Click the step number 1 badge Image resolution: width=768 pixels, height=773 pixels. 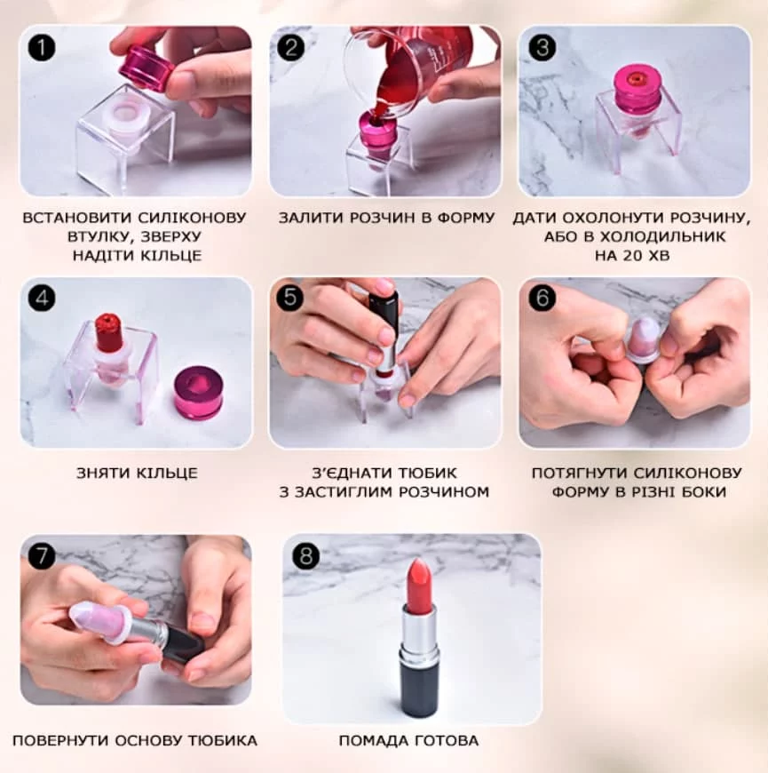pyautogui.click(x=42, y=47)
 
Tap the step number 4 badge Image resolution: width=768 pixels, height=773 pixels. pyautogui.click(x=42, y=299)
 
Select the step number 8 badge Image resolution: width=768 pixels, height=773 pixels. pyautogui.click(x=306, y=555)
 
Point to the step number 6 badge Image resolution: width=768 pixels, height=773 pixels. pyautogui.click(x=542, y=298)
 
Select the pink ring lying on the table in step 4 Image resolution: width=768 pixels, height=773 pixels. pyautogui.click(x=199, y=393)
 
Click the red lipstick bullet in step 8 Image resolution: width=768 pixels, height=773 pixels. pyautogui.click(x=418, y=582)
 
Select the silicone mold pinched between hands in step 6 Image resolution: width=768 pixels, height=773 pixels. pyautogui.click(x=644, y=339)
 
